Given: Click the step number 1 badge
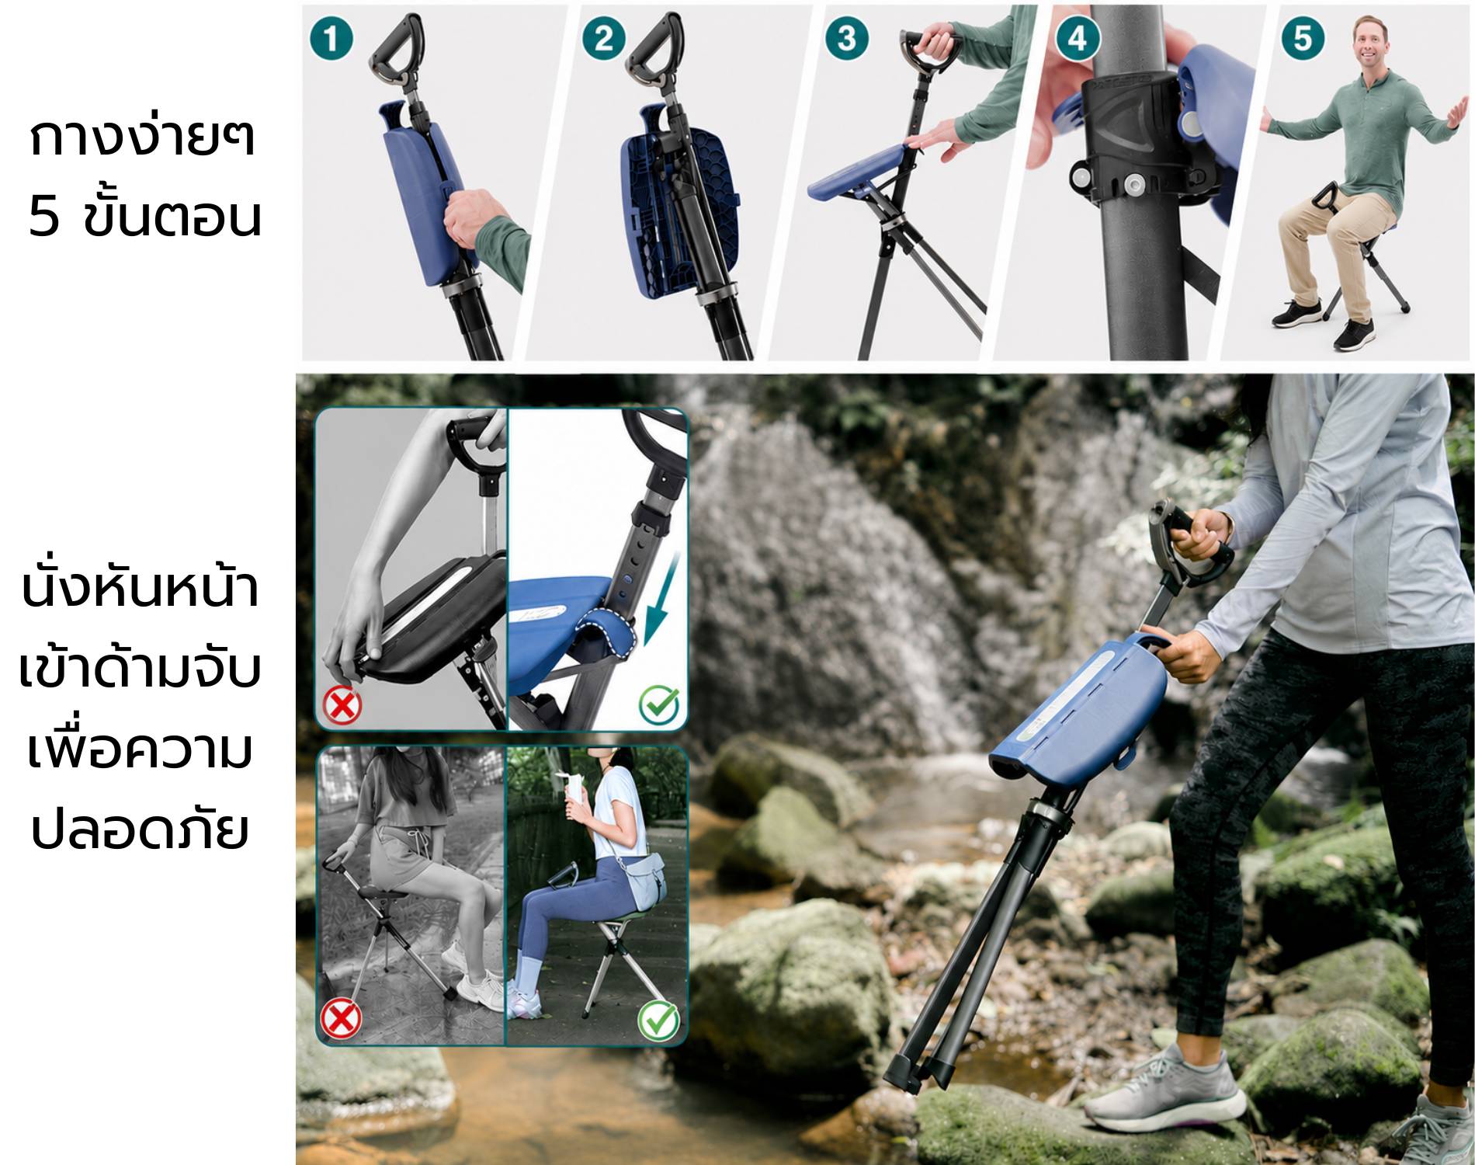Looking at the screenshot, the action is [x=331, y=39].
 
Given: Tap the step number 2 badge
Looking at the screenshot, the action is [x=604, y=39].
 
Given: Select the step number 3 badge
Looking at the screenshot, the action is [x=847, y=38].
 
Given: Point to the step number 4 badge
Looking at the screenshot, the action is [x=1077, y=38].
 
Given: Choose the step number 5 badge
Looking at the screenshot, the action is [x=1303, y=38].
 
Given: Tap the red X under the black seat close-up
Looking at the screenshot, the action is [x=342, y=706].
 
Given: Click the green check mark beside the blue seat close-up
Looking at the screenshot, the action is [x=658, y=705].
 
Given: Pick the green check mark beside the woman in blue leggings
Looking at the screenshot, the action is [x=658, y=1020].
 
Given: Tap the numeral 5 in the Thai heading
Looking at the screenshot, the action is [x=43, y=217].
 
